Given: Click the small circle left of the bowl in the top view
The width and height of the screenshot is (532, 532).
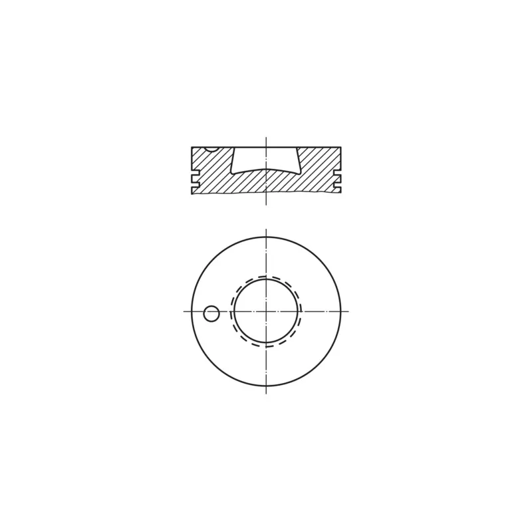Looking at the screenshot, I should (x=211, y=313).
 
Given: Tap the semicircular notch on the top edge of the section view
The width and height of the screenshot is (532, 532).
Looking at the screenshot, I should (x=211, y=149).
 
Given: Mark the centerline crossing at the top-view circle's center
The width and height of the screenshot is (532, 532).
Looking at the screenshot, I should (x=266, y=311).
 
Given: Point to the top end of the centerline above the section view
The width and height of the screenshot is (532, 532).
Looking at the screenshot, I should (x=266, y=138).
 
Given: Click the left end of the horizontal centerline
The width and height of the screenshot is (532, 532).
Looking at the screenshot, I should (x=184, y=311).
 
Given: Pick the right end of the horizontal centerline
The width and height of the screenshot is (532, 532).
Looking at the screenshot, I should (x=348, y=311).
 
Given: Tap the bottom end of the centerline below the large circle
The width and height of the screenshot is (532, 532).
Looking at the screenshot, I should (x=266, y=393).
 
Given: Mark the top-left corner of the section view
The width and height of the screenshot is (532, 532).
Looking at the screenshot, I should (x=192, y=148).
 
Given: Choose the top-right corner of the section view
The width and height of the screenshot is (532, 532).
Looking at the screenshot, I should (x=340, y=148).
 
